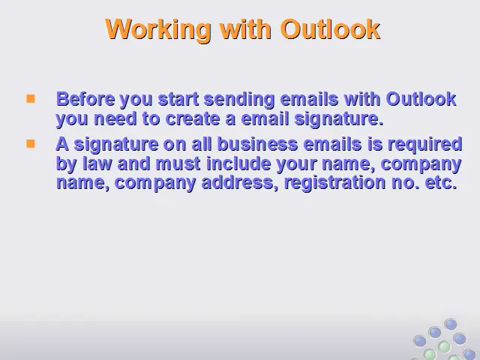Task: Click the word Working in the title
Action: coord(158,29)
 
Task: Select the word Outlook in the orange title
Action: coord(330,29)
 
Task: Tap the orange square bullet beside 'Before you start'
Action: coord(31,98)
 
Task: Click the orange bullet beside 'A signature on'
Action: coord(31,143)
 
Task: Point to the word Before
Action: coord(85,99)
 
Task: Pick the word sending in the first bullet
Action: coord(238,99)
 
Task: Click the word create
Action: coord(193,118)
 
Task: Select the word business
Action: coord(257,144)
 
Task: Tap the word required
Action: coord(424,145)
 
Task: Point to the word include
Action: coord(238,163)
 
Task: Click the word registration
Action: coord(334,183)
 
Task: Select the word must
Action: coord(178,163)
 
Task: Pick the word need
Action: coord(115,118)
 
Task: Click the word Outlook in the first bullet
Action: coord(421,99)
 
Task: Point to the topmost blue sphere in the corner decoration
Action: coord(450,325)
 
